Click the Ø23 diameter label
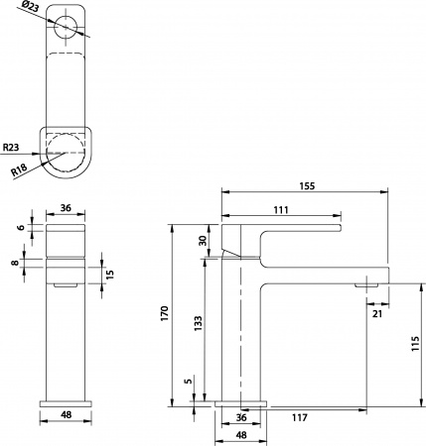coord(33,13)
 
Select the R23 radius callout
coord(13,148)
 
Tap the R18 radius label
coord(19,171)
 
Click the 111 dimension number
coord(282,208)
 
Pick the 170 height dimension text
coord(176,315)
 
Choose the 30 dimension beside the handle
coord(202,240)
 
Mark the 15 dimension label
coord(111,274)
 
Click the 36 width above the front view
coord(66,208)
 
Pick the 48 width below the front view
coord(66,417)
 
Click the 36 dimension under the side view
coord(240,417)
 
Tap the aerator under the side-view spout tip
coord(367,284)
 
